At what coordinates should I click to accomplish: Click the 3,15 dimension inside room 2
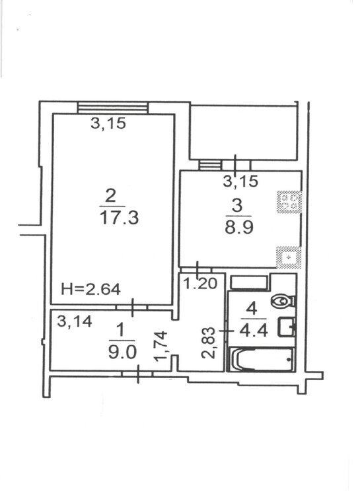(108, 123)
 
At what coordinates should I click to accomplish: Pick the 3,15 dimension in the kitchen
(240, 181)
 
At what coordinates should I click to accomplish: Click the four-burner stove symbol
(288, 201)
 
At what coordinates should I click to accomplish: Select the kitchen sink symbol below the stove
(288, 256)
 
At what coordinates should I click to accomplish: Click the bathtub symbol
(260, 360)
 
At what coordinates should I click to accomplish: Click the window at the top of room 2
(112, 108)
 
